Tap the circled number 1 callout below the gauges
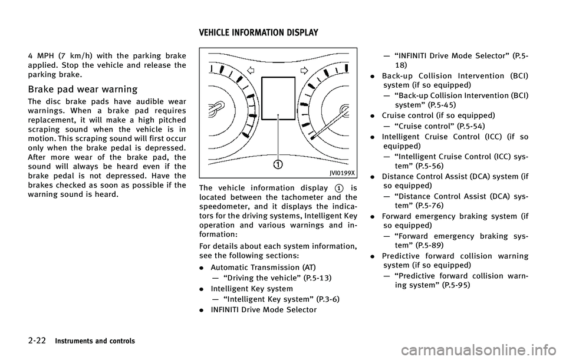277,161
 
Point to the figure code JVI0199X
341,173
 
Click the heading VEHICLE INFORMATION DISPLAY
259,32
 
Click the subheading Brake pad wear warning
83,90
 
